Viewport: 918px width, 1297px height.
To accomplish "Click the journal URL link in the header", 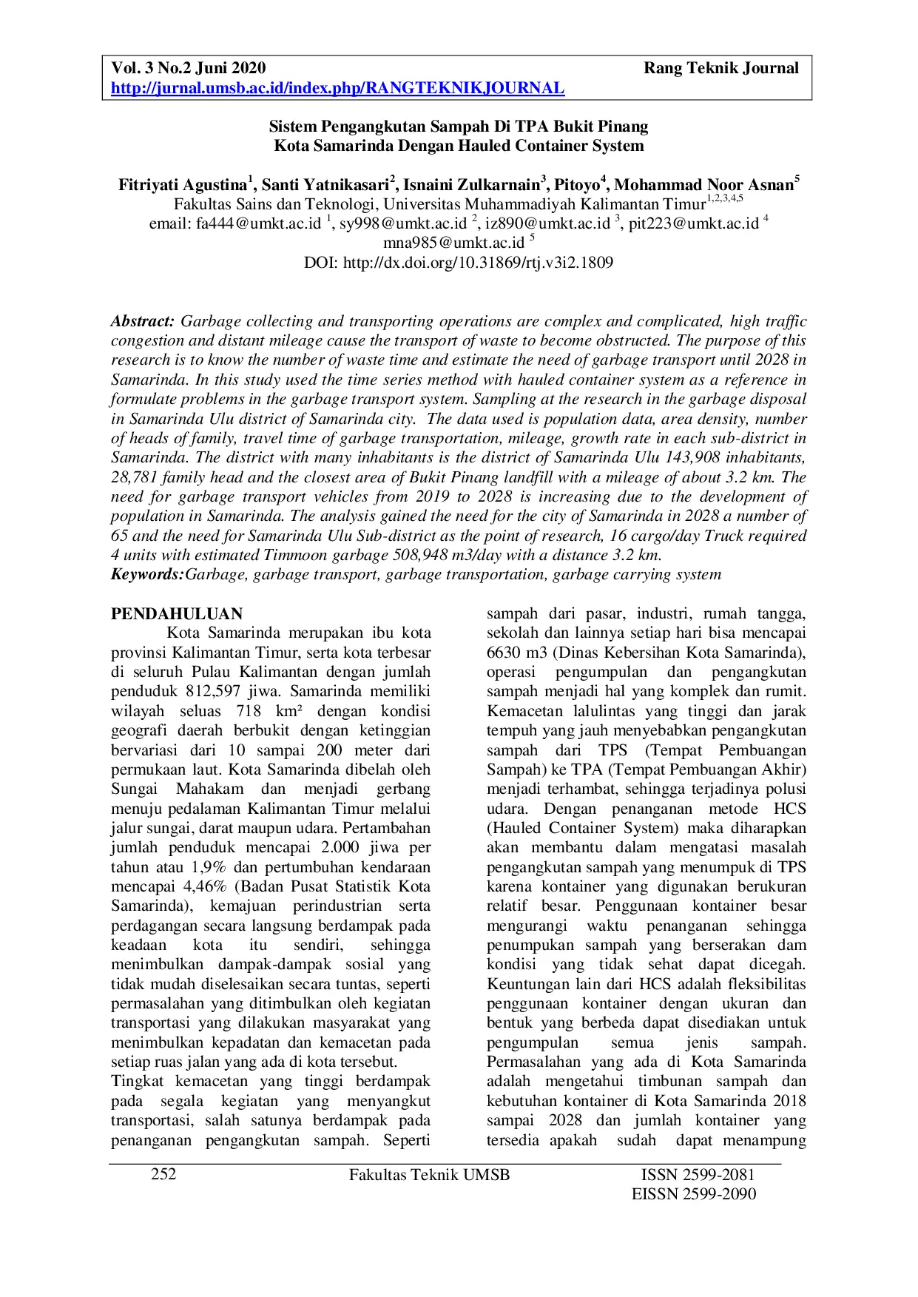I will [337, 89].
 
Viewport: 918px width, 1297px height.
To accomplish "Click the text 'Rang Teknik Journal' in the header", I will [721, 69].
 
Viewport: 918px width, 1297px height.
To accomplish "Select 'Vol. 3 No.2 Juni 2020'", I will [188, 69].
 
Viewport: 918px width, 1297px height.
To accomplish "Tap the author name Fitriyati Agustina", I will [183, 185].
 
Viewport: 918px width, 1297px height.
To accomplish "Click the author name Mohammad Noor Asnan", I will [703, 185].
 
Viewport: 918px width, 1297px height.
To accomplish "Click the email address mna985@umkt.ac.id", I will [453, 243].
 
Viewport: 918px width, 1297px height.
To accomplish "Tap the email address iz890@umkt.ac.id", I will [547, 223].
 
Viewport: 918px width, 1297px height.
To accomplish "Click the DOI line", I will [459, 262].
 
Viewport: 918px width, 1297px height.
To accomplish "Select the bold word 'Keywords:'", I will [147, 574].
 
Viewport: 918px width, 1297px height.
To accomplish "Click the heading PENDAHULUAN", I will [177, 613].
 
